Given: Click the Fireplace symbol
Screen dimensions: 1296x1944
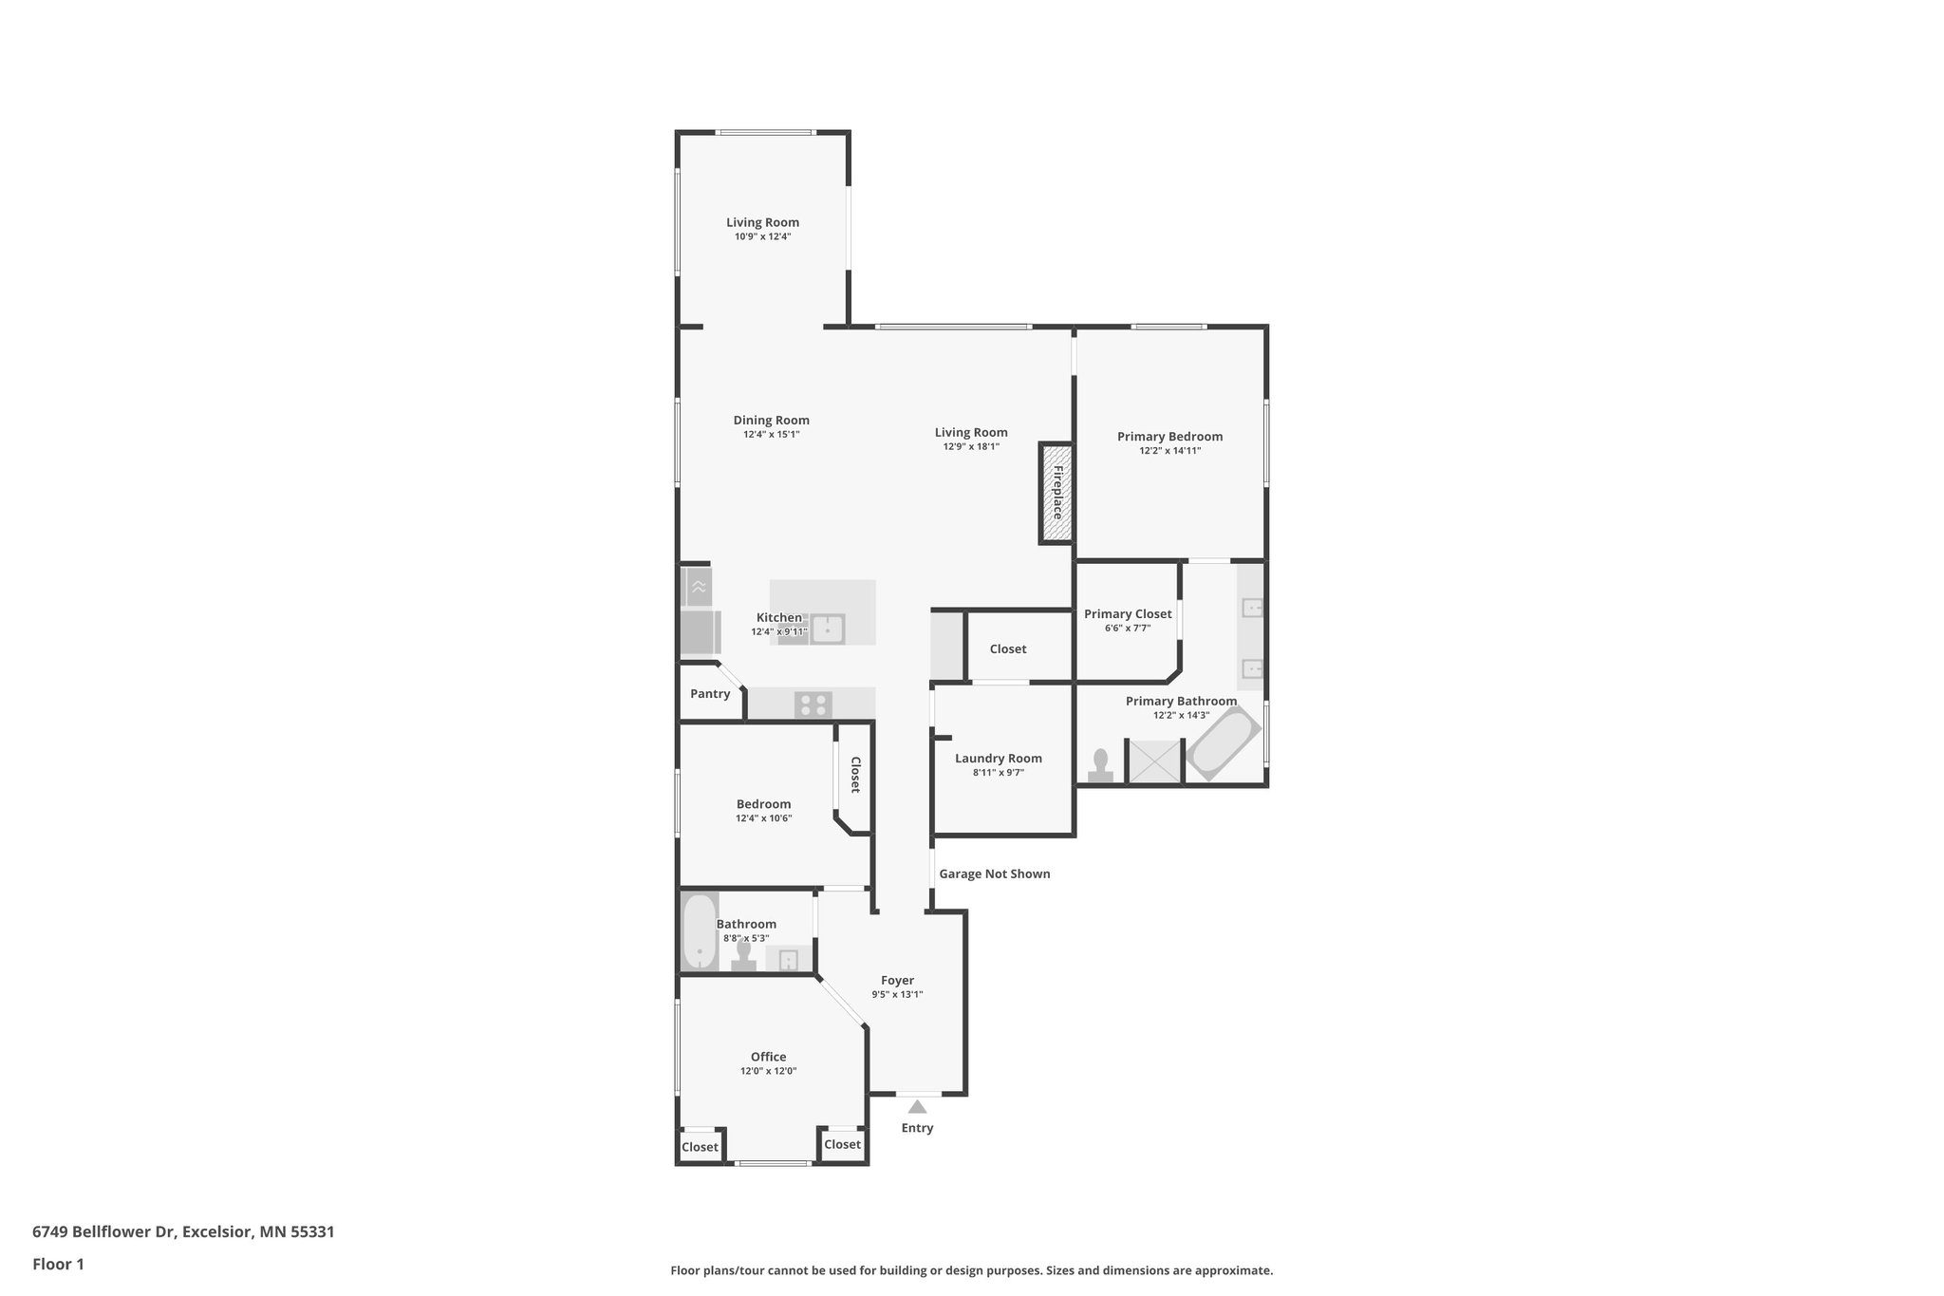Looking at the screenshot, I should (x=1056, y=493).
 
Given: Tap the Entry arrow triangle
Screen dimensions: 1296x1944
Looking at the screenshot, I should (x=917, y=1106).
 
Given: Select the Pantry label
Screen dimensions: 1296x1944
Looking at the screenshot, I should (x=710, y=694).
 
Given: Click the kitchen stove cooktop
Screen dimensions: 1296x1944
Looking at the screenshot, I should (x=813, y=704).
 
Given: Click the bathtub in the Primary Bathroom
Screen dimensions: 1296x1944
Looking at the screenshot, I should (x=1223, y=743).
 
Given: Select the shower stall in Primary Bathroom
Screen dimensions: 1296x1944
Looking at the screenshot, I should (x=1155, y=761).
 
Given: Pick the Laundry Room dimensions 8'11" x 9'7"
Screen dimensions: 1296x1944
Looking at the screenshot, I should (x=999, y=773).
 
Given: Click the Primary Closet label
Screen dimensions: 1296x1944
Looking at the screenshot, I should (x=1128, y=614).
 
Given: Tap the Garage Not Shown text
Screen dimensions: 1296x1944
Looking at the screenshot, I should (x=995, y=873).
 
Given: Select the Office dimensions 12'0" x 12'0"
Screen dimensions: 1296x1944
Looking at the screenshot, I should (x=768, y=1071).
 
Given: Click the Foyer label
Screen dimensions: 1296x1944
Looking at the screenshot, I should (x=897, y=981).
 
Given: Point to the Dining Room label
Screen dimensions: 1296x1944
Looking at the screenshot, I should (x=771, y=421).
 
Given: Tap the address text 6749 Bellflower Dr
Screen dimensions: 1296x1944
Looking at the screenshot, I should (x=104, y=1232).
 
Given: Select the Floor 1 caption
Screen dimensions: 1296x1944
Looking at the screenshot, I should (x=58, y=1264).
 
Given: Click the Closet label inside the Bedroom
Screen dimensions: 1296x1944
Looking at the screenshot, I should (x=854, y=775).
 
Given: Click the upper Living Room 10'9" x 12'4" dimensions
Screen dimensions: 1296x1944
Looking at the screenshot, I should (x=762, y=236).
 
